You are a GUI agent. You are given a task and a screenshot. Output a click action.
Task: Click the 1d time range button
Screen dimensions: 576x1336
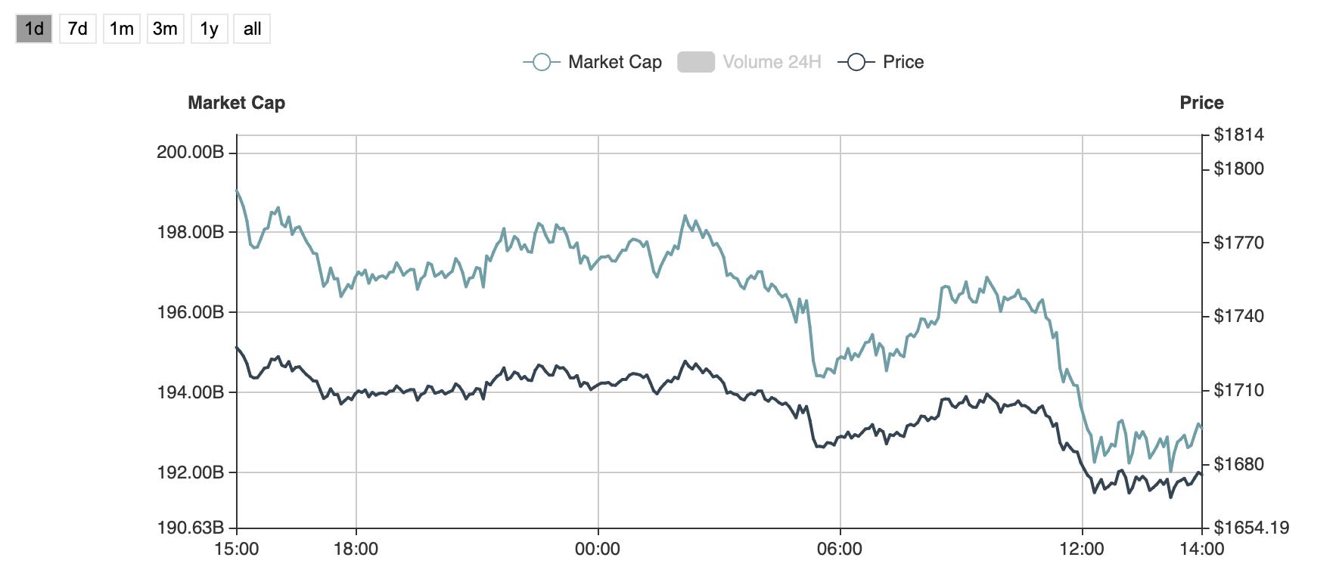(x=34, y=29)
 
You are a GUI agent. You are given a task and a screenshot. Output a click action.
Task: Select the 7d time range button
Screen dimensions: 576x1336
(x=77, y=29)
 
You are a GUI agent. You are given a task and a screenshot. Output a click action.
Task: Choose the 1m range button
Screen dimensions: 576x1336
(x=121, y=29)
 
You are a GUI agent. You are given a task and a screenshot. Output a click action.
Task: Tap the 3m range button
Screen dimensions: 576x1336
(x=165, y=29)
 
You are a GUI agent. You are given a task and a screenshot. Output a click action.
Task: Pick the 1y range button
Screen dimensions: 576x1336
(x=209, y=29)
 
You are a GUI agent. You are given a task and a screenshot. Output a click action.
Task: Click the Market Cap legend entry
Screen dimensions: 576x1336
(x=593, y=62)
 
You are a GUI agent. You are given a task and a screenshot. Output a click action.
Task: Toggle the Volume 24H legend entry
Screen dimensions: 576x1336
(x=749, y=62)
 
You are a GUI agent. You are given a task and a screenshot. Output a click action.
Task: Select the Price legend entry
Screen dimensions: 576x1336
(x=882, y=62)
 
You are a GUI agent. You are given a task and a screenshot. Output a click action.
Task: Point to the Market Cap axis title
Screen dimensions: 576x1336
(x=236, y=103)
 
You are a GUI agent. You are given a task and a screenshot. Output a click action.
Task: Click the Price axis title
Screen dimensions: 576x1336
(x=1201, y=103)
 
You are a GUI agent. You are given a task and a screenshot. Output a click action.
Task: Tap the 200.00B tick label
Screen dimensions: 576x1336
(x=190, y=153)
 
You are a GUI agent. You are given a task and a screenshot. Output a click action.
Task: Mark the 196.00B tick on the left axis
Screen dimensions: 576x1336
(x=190, y=312)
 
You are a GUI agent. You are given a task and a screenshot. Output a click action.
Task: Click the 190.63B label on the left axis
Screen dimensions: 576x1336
(x=190, y=528)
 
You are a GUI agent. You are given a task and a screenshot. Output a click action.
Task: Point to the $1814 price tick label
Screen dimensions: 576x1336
(x=1238, y=135)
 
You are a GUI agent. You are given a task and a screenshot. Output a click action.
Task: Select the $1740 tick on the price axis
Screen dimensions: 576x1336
(x=1238, y=316)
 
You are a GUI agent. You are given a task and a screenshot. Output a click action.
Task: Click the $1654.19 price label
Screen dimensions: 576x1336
(x=1251, y=528)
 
